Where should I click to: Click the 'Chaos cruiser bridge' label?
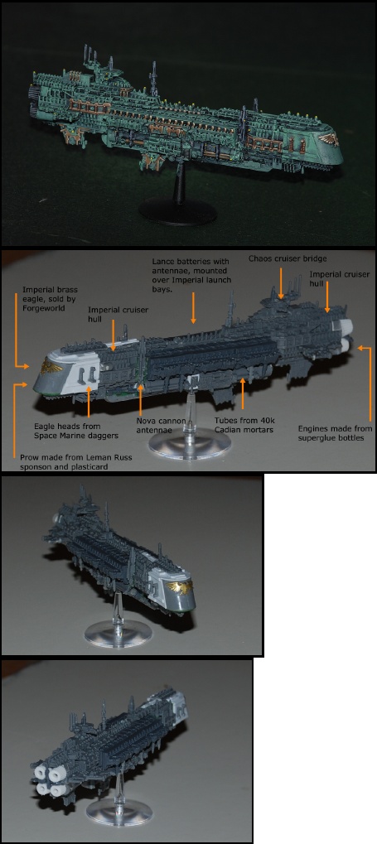tap(288, 259)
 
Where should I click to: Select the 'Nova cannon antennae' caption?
tap(161, 425)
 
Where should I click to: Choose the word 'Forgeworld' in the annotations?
tap(41, 309)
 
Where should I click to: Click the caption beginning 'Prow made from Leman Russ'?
tap(76, 462)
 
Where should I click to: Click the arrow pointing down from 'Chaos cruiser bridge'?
tap(281, 282)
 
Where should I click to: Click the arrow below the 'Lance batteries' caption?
tap(193, 309)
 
